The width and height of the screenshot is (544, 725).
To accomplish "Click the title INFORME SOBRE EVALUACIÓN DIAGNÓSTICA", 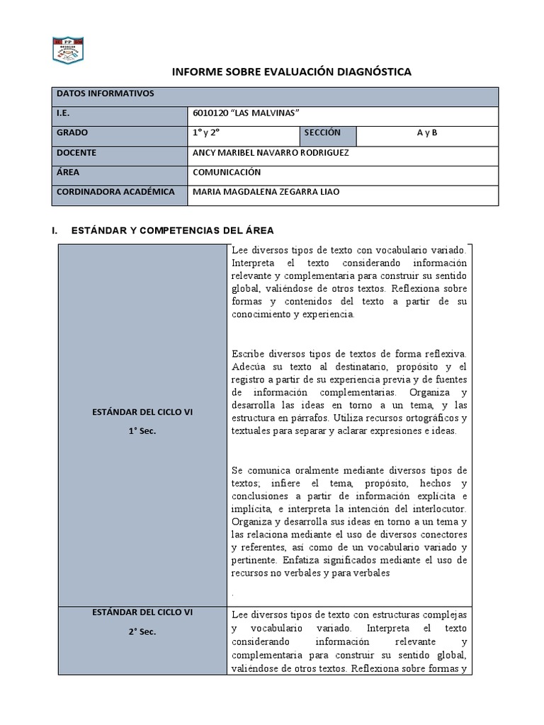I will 292,72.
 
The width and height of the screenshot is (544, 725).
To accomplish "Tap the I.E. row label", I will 63,113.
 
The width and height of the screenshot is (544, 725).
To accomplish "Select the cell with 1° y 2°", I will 206,133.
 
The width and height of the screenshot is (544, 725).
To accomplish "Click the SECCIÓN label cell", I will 322,133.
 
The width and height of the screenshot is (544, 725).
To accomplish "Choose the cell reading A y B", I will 427,133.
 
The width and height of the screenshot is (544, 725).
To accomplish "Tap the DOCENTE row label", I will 76,153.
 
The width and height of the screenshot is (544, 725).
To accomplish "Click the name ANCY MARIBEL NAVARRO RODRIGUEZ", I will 270,153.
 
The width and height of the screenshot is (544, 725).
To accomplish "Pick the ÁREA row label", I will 67,172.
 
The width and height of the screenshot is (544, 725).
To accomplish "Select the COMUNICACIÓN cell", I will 227,172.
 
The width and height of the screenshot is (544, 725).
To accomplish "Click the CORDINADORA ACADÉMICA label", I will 115,192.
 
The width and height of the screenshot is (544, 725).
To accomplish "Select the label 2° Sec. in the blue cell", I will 142,631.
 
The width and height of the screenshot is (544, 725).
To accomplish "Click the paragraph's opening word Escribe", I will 248,353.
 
